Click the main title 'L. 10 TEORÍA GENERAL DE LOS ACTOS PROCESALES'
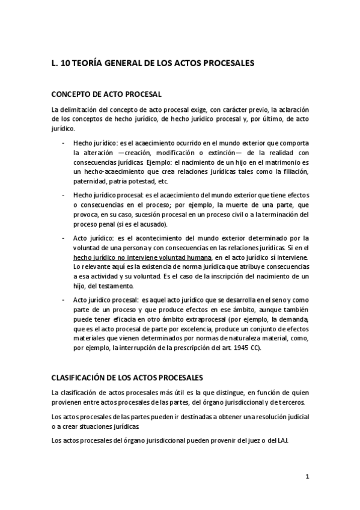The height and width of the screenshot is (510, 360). (153, 62)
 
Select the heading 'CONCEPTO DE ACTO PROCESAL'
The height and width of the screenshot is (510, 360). (106, 94)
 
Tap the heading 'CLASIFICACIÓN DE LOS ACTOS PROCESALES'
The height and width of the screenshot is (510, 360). (127, 378)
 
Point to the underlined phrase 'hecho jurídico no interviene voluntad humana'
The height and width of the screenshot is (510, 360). (129, 257)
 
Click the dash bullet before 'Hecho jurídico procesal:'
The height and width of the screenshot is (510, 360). (64, 195)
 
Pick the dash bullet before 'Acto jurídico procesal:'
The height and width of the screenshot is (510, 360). (64, 300)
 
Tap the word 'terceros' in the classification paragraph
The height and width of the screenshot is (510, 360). (293, 401)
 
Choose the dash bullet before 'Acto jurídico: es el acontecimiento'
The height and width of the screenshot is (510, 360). (64, 238)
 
